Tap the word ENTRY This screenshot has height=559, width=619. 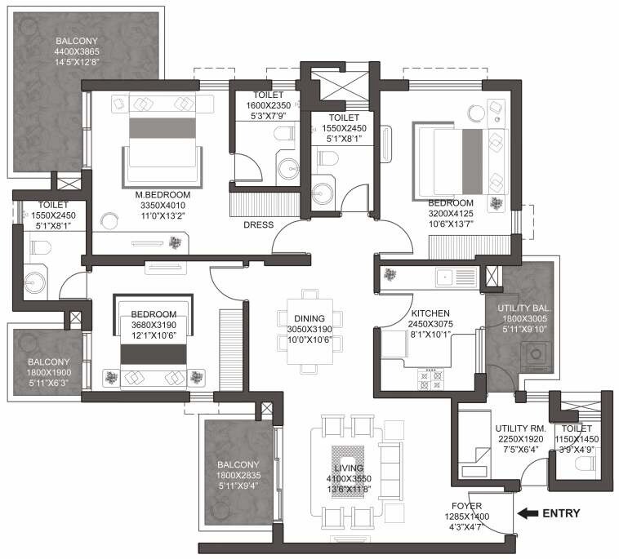(x=563, y=513)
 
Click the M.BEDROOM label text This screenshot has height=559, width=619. (x=163, y=194)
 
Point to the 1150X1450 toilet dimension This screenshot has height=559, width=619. (x=577, y=439)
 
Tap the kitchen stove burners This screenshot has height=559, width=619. (x=429, y=377)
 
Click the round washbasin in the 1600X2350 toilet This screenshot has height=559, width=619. (x=287, y=168)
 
